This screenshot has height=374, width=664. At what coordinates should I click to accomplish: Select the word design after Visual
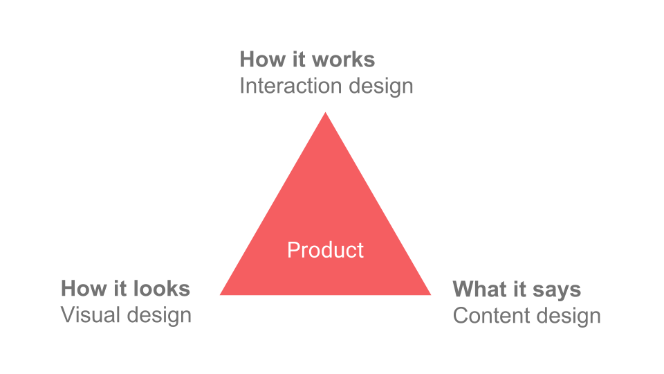(160, 315)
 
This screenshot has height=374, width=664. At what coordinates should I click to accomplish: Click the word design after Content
(569, 316)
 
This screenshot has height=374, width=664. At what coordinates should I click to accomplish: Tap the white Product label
(325, 250)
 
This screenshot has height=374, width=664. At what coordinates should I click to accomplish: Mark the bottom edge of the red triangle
(325, 294)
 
